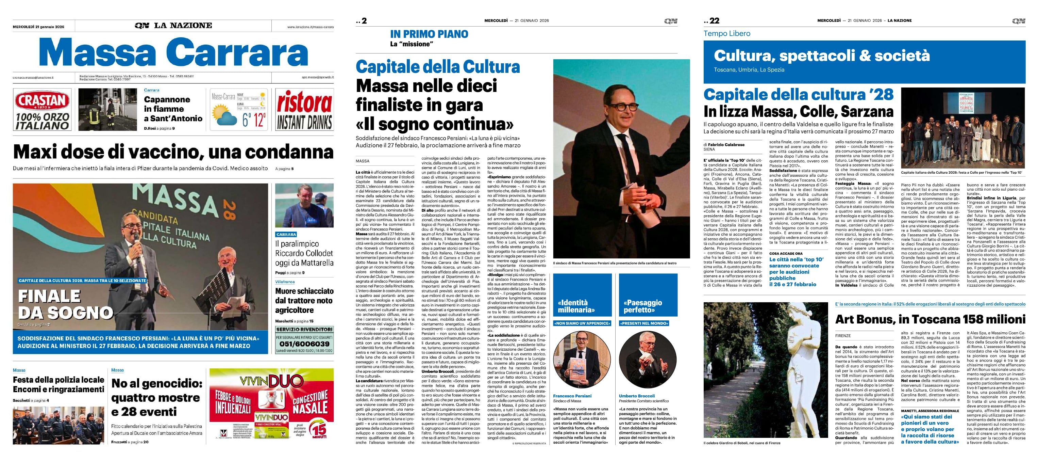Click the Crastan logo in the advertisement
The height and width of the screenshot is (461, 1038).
pyautogui.click(x=42, y=101)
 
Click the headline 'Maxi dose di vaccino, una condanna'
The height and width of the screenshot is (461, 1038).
pyautogui.click(x=173, y=152)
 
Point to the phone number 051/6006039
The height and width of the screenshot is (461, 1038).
pyautogui.click(x=304, y=344)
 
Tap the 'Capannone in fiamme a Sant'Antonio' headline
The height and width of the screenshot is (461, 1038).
pyautogui.click(x=173, y=109)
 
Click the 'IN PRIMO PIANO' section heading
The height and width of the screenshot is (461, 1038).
pyautogui.click(x=429, y=34)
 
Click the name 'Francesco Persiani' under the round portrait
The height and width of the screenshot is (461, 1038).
pyautogui.click(x=572, y=396)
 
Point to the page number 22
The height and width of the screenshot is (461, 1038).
pyautogui.click(x=714, y=20)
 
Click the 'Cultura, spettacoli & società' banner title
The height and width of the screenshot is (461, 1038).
pyautogui.click(x=822, y=55)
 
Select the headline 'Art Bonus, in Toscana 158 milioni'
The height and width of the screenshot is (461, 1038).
pyautogui.click(x=930, y=319)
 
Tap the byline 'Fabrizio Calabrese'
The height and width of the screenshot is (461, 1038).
pyautogui.click(x=726, y=144)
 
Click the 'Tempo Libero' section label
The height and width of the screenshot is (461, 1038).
pyautogui.click(x=727, y=33)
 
